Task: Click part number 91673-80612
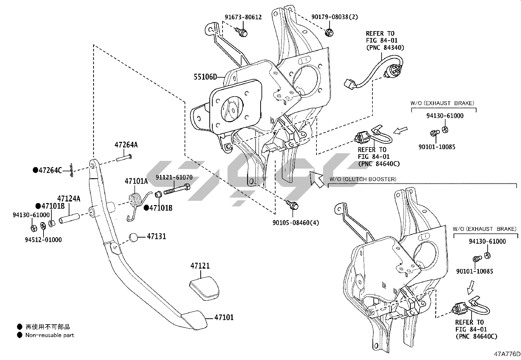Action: click(243, 17)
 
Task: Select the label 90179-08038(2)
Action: click(335, 17)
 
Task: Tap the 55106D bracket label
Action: click(205, 77)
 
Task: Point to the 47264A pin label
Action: click(126, 145)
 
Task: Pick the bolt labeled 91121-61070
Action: click(177, 189)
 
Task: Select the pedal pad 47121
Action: click(205, 288)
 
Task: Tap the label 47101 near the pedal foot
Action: click(224, 317)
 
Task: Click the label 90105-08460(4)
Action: click(296, 223)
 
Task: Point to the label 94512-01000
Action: click(43, 240)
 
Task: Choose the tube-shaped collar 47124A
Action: click(69, 219)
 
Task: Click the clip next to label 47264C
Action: click(71, 170)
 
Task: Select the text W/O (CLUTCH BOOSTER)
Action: click(363, 179)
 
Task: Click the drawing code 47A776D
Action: click(507, 354)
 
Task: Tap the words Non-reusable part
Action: click(50, 335)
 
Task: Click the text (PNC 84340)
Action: click(385, 48)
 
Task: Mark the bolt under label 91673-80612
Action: click(241, 32)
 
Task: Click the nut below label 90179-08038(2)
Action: click(329, 32)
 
